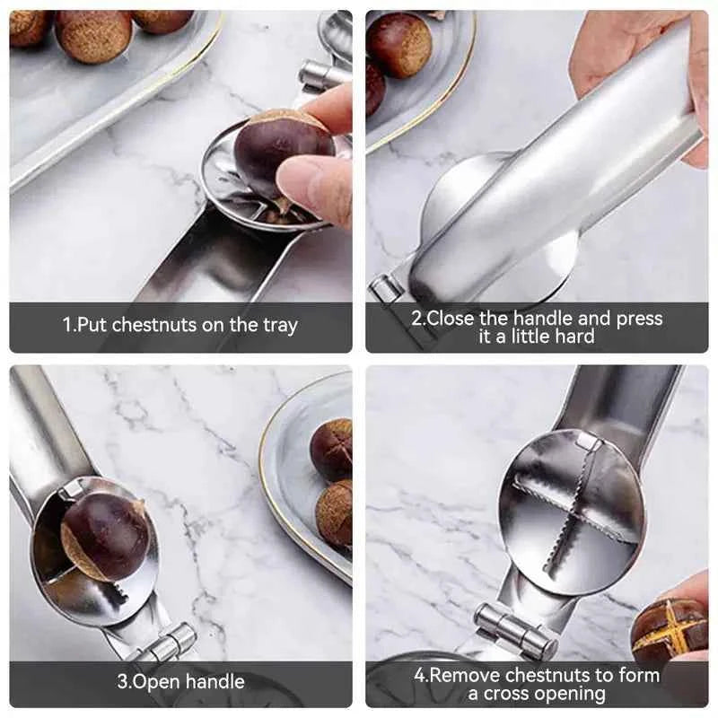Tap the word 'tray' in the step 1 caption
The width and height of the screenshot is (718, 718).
(x=279, y=325)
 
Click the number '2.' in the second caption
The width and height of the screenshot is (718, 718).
(x=418, y=318)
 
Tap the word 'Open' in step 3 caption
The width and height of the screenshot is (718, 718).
(x=153, y=681)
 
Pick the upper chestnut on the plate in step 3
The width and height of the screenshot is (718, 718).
(x=333, y=449)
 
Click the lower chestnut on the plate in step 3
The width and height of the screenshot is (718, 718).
(x=336, y=513)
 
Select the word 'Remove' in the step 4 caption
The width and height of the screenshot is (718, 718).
(x=467, y=675)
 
